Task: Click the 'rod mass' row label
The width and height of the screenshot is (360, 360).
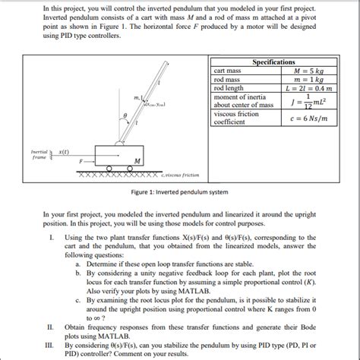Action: pos(227,79)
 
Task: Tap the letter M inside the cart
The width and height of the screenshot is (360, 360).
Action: pos(135,160)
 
